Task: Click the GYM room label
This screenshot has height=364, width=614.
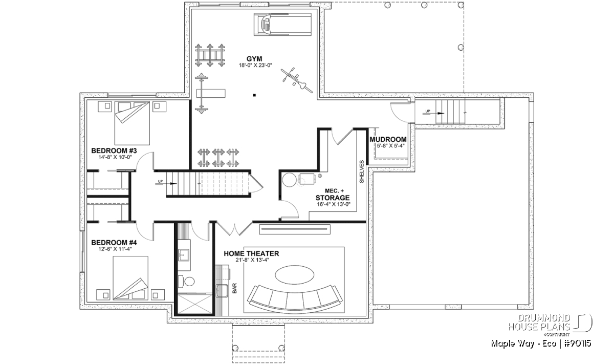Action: click(254, 59)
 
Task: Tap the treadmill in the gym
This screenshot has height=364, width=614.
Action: click(283, 25)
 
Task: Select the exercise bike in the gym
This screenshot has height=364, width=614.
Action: click(297, 80)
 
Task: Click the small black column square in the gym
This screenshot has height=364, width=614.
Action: click(254, 95)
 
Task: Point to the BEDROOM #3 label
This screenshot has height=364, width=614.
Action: click(114, 151)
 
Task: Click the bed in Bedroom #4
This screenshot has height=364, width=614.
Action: click(130, 278)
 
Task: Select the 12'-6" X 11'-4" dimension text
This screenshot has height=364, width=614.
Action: click(115, 249)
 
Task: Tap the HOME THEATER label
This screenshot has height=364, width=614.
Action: click(251, 253)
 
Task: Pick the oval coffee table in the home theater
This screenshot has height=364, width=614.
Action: click(295, 274)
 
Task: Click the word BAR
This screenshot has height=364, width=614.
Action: click(235, 288)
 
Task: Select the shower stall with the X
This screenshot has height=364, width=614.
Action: click(195, 304)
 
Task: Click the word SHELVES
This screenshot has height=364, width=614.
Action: click(362, 172)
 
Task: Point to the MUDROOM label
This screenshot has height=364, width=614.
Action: click(388, 140)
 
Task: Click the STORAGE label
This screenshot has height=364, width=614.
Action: click(333, 198)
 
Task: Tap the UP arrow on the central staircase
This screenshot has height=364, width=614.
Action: click(166, 183)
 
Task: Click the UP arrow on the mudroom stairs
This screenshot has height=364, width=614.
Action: click(433, 113)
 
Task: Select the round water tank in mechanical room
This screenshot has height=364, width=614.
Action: click(290, 180)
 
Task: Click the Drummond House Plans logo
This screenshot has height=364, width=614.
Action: click(550, 326)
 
